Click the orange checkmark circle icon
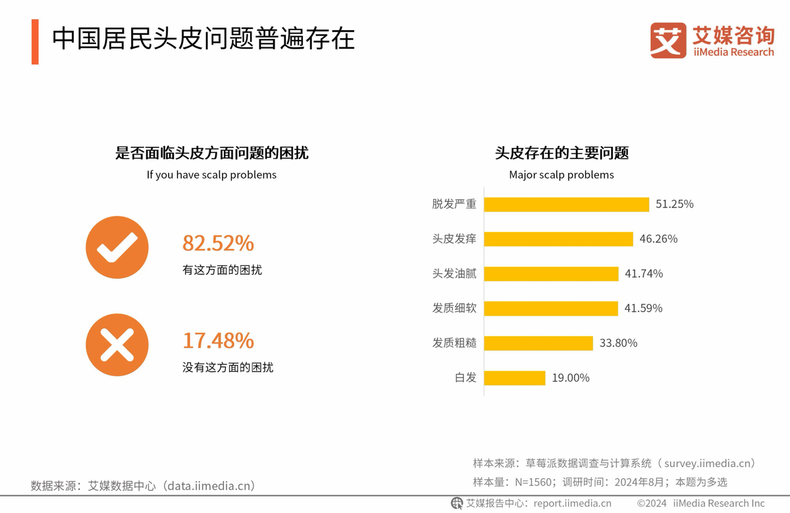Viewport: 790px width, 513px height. click(x=117, y=247)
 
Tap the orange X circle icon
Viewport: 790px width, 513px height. click(x=117, y=345)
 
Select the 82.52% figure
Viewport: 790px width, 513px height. click(x=218, y=243)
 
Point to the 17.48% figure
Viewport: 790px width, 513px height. click(x=218, y=341)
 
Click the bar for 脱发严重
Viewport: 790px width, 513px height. click(x=566, y=204)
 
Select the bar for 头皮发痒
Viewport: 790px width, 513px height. click(x=558, y=239)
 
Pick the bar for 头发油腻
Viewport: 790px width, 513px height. click(x=551, y=274)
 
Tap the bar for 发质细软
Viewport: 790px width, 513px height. click(x=551, y=308)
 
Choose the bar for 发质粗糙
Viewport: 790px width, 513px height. click(x=538, y=343)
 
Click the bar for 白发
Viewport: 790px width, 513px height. click(x=515, y=378)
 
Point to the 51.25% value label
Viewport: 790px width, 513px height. click(x=674, y=204)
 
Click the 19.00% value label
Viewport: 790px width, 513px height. click(x=570, y=378)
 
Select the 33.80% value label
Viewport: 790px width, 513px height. click(x=618, y=343)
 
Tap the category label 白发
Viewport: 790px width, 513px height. click(x=465, y=378)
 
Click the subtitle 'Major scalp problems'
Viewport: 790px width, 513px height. click(x=561, y=175)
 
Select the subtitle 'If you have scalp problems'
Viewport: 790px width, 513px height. click(x=211, y=175)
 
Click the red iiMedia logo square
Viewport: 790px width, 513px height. click(x=668, y=40)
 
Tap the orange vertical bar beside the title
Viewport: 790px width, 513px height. click(x=35, y=41)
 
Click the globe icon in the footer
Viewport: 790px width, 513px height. click(x=457, y=503)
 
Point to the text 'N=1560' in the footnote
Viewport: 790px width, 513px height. click(x=531, y=482)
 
